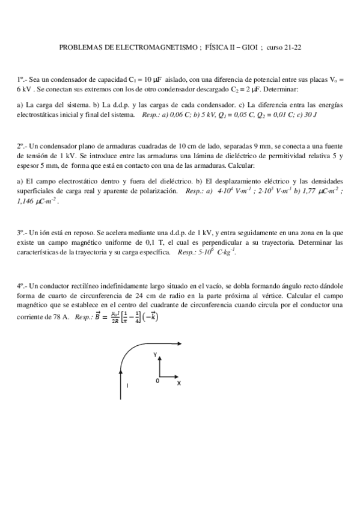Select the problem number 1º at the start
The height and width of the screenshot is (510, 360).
20,79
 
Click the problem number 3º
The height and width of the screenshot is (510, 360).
20,233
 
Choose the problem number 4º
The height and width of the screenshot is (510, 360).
20,287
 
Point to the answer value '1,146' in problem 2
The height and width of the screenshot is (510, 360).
27,201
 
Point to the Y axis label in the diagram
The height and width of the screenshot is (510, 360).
155,355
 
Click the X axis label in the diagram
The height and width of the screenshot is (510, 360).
178,383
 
